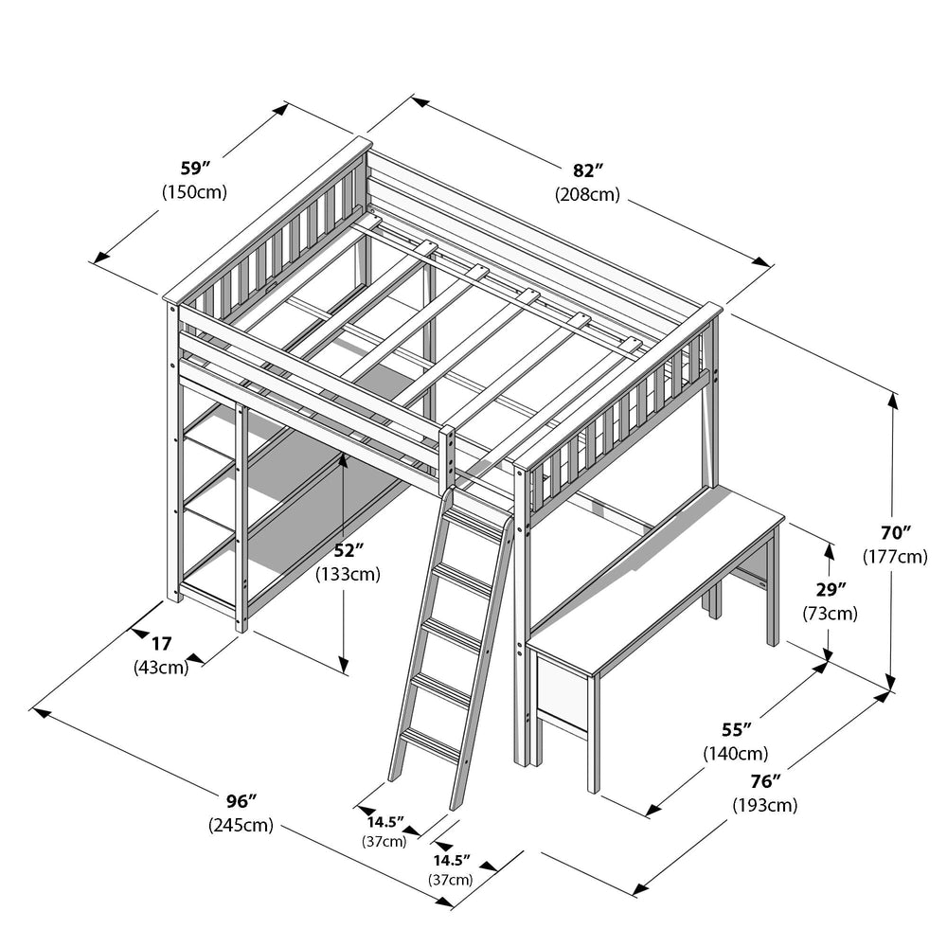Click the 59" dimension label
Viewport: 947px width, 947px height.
pos(195,168)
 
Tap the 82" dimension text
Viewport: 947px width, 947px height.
pos(588,170)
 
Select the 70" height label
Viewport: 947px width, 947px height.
pos(895,532)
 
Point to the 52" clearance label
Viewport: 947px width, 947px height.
pos(348,550)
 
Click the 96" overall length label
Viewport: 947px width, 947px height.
pos(241,801)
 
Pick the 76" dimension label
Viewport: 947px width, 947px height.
pos(765,781)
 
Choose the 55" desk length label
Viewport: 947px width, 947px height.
pos(736,729)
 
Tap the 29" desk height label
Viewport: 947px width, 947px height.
pos(831,589)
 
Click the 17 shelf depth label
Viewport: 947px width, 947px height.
pos(161,644)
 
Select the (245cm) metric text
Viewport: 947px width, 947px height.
pos(241,825)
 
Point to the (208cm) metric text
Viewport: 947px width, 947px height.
pos(588,194)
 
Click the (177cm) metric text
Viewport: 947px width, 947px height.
pos(895,556)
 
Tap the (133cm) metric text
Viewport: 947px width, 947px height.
pos(348,574)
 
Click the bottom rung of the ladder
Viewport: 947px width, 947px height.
pos(431,744)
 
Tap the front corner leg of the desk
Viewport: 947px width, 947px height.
pos(594,734)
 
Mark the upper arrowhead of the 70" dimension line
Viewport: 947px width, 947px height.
pos(893,401)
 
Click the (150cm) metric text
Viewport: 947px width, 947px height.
pos(194,192)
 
